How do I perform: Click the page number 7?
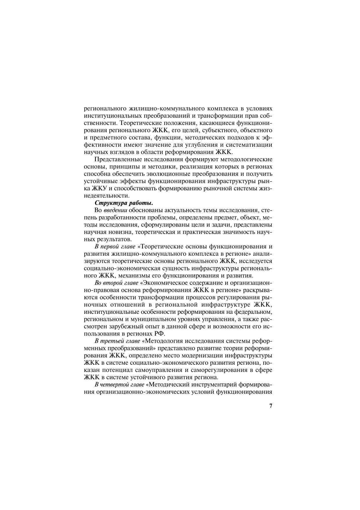tap(271, 406)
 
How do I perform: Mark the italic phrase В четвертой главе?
tap(119, 384)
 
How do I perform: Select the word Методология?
tap(163, 341)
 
